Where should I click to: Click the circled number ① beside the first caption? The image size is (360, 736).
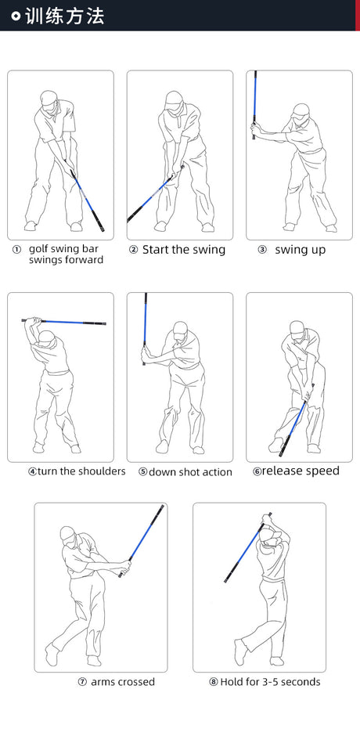[16, 250]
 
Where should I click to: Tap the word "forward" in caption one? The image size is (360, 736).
[86, 260]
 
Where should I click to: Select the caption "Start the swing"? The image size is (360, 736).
[184, 250]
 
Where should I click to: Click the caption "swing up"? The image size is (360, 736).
[300, 251]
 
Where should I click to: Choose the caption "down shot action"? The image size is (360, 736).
[190, 472]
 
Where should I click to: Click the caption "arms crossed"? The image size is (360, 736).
[123, 682]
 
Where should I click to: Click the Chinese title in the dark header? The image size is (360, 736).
[64, 16]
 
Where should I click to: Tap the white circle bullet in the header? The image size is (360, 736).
[16, 16]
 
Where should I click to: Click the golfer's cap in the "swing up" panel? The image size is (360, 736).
[300, 110]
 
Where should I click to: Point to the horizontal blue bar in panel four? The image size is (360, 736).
[64, 322]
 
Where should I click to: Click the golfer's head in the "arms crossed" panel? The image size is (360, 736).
[68, 536]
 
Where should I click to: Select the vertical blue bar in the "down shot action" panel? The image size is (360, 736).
[145, 329]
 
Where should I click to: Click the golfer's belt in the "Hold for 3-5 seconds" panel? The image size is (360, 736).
[274, 579]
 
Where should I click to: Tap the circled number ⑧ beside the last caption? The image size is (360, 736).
[214, 682]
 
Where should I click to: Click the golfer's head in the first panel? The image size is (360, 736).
[49, 100]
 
